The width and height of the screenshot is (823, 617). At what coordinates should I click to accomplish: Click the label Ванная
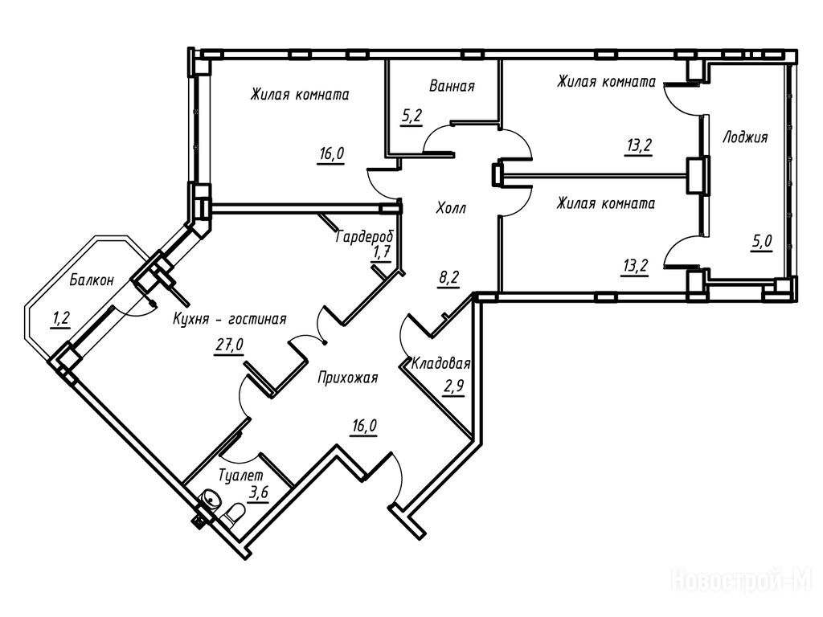pos(451,87)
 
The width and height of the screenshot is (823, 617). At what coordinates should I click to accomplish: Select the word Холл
pos(451,208)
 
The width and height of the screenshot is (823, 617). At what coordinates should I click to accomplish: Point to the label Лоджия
pos(745,137)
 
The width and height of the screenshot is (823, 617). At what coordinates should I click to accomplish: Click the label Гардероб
pos(364,238)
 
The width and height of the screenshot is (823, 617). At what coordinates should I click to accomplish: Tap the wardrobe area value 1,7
pos(381,254)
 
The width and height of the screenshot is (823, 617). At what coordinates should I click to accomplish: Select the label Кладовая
pos(440,364)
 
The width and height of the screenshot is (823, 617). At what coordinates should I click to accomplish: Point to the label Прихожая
pos(347,376)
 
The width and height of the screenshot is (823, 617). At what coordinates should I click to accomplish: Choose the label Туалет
pos(241,476)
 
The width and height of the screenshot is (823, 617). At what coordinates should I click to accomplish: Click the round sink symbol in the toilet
pos(211,500)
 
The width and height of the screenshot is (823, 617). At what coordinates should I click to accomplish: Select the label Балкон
pos(92,280)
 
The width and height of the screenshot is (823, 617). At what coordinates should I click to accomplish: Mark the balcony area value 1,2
pos(61,319)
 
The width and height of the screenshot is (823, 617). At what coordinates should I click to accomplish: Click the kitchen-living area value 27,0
pos(228,345)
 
